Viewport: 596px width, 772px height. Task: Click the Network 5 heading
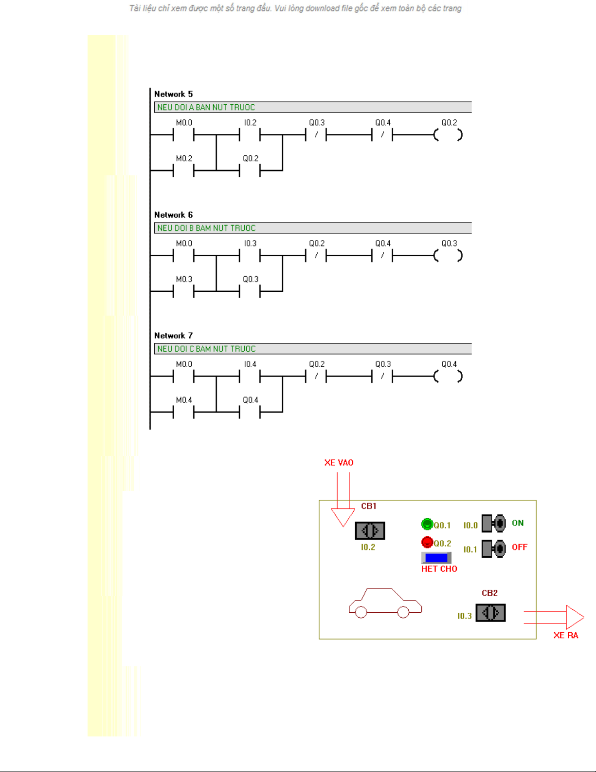[173, 94]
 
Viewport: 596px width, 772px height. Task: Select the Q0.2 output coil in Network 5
[448, 135]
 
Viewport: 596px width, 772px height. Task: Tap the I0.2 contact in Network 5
[250, 135]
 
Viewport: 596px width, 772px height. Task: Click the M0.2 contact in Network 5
[183, 170]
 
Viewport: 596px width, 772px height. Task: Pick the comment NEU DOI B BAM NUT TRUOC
[206, 228]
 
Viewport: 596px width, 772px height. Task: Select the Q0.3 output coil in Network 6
[448, 256]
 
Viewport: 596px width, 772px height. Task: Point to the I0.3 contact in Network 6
[250, 256]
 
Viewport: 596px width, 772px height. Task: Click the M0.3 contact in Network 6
[183, 291]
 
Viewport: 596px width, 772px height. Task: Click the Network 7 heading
[173, 336]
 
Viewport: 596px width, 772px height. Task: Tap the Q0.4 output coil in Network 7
[448, 377]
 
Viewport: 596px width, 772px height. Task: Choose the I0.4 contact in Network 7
[250, 377]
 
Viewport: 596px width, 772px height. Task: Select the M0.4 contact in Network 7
[183, 412]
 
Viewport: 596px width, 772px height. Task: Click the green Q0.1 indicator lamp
[427, 524]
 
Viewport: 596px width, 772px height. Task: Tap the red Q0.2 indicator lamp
[427, 542]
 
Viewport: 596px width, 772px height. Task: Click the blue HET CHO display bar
[436, 558]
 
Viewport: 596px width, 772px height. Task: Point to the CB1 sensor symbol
[370, 530]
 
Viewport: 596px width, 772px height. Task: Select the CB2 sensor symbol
[490, 613]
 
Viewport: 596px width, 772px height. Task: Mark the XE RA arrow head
[575, 617]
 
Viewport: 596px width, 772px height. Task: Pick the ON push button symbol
[493, 524]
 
